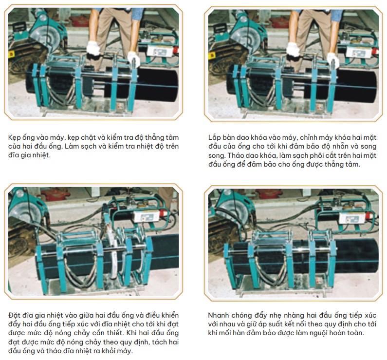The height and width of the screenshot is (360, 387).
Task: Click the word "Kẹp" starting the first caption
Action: pyautogui.click(x=14, y=138)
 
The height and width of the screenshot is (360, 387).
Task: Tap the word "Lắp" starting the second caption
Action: pyautogui.click(x=214, y=138)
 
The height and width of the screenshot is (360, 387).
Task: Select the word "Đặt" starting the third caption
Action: pyautogui.click(x=14, y=315)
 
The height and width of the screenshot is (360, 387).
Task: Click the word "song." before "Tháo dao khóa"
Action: pyautogui.click(x=217, y=156)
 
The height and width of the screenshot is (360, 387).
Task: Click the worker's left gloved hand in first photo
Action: pyautogui.click(x=134, y=59)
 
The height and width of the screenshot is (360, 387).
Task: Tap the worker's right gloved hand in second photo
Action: pyautogui.click(x=293, y=49)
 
